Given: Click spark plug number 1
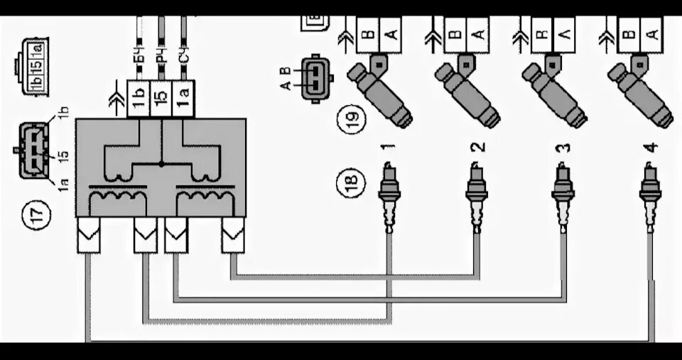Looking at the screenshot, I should point(389,195).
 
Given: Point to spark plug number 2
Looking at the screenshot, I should point(476,195).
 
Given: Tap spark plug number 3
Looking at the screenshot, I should point(563,195).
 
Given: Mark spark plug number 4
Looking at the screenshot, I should point(650,195).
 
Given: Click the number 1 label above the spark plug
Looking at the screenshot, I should point(389,148).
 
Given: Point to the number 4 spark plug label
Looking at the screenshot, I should point(650,148).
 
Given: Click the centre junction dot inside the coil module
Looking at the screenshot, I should point(161,164).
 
